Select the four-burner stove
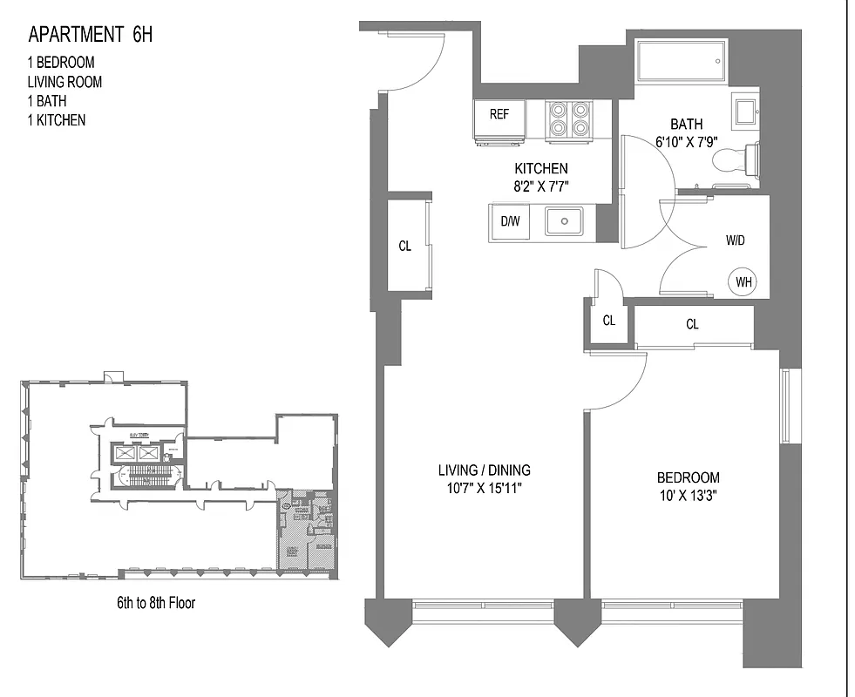(x=569, y=119)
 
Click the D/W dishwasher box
(x=510, y=221)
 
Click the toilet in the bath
(x=737, y=159)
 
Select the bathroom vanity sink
(x=747, y=113)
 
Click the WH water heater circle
(x=743, y=282)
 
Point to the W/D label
(x=735, y=239)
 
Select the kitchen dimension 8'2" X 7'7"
(x=541, y=185)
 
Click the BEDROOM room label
(x=688, y=477)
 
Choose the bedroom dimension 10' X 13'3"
(x=688, y=496)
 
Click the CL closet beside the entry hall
(x=405, y=246)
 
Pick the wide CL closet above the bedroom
(x=692, y=325)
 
